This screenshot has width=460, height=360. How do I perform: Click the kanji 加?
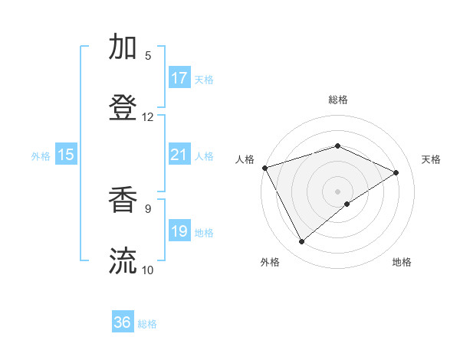click(123, 47)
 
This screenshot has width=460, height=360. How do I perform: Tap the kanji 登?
click(123, 108)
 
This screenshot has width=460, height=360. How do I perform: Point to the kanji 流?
click(123, 260)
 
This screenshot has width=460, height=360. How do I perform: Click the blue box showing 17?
click(179, 78)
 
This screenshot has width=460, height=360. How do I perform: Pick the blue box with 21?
click(179, 155)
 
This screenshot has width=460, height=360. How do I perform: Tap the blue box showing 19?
click(179, 231)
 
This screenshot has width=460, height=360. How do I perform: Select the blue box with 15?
click(66, 155)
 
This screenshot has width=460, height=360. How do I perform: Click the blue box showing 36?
click(123, 322)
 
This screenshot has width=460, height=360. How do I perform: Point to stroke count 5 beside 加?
click(148, 55)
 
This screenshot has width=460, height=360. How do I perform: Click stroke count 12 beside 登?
click(148, 116)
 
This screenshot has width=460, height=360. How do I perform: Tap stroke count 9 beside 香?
click(148, 207)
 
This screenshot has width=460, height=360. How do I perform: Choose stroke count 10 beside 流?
click(148, 269)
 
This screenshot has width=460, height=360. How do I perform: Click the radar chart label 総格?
click(337, 100)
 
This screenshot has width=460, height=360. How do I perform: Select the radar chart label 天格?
click(432, 159)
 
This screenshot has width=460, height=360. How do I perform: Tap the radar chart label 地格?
click(402, 262)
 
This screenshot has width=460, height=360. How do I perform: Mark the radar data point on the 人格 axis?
click(264, 168)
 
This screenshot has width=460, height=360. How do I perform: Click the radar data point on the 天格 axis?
click(396, 172)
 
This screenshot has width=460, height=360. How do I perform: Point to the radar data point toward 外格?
click(302, 242)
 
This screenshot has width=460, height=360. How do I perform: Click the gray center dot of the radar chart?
click(337, 191)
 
